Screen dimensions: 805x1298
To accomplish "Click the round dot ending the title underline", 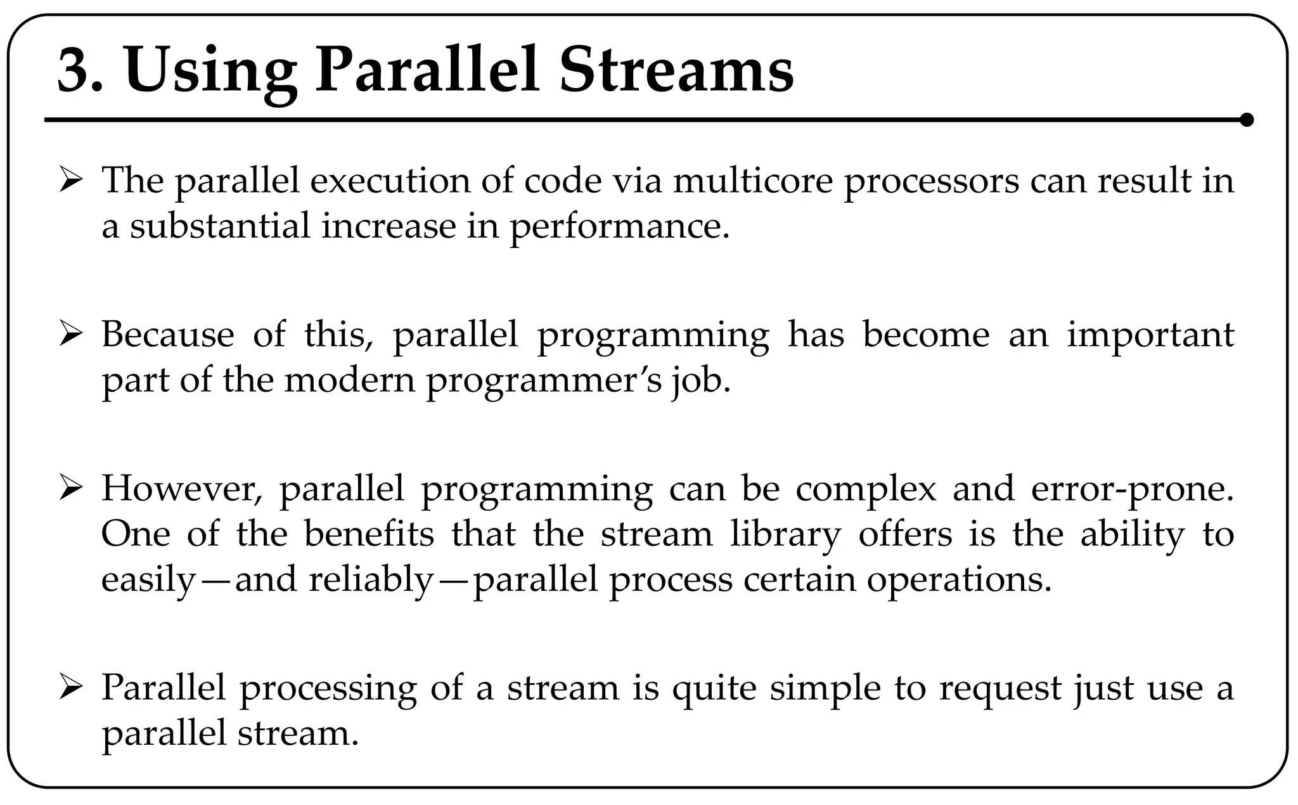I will click(x=1246, y=120).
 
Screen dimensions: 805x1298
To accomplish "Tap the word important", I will click(x=1151, y=336).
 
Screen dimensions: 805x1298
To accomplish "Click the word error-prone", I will click(x=1133, y=490).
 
